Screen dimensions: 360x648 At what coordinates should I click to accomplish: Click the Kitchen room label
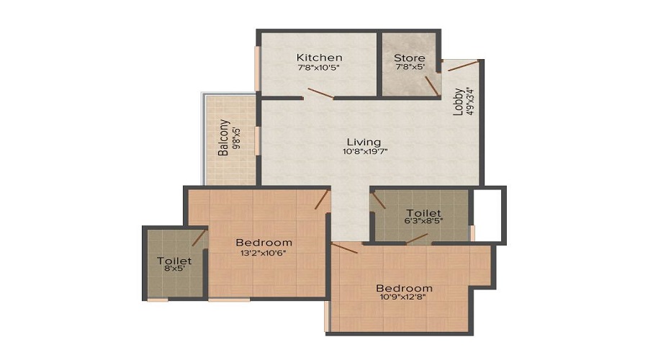[319, 58]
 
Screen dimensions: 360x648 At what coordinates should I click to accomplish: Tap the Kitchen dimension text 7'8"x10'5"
[319, 68]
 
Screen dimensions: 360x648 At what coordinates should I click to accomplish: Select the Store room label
[410, 58]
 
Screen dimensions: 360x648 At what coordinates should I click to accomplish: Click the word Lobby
[458, 102]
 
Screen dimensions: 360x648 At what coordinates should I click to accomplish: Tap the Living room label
[362, 142]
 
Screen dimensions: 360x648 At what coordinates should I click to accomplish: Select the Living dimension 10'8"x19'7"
[362, 152]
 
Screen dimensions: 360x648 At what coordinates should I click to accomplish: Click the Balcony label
[224, 138]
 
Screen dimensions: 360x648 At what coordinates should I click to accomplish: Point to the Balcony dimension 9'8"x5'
[235, 140]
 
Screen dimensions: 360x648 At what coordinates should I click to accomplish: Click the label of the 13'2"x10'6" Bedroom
[264, 243]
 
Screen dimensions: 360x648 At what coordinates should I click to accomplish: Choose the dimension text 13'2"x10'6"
[264, 253]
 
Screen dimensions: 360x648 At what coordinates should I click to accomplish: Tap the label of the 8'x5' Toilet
[174, 261]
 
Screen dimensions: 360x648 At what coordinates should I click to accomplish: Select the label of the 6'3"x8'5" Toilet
[423, 213]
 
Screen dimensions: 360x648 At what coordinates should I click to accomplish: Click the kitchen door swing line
[320, 93]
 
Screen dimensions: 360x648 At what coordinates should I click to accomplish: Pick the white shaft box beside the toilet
[490, 215]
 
